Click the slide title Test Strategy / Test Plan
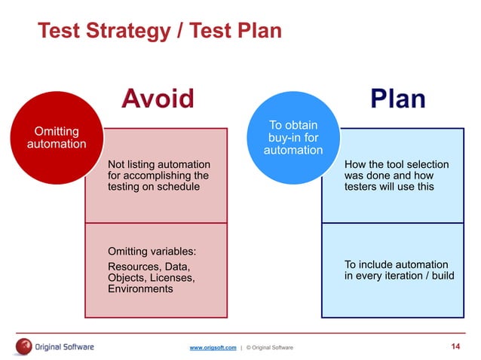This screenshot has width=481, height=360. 159,31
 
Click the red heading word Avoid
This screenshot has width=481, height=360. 158,99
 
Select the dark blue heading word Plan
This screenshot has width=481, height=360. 397,99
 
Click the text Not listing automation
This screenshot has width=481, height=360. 159,164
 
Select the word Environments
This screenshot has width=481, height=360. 140,288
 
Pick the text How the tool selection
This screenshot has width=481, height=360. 396,164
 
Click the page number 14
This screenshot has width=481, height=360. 455,346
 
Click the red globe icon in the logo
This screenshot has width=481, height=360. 23,346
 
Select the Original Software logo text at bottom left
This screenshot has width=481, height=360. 65,346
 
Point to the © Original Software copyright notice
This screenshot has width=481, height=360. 269,346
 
